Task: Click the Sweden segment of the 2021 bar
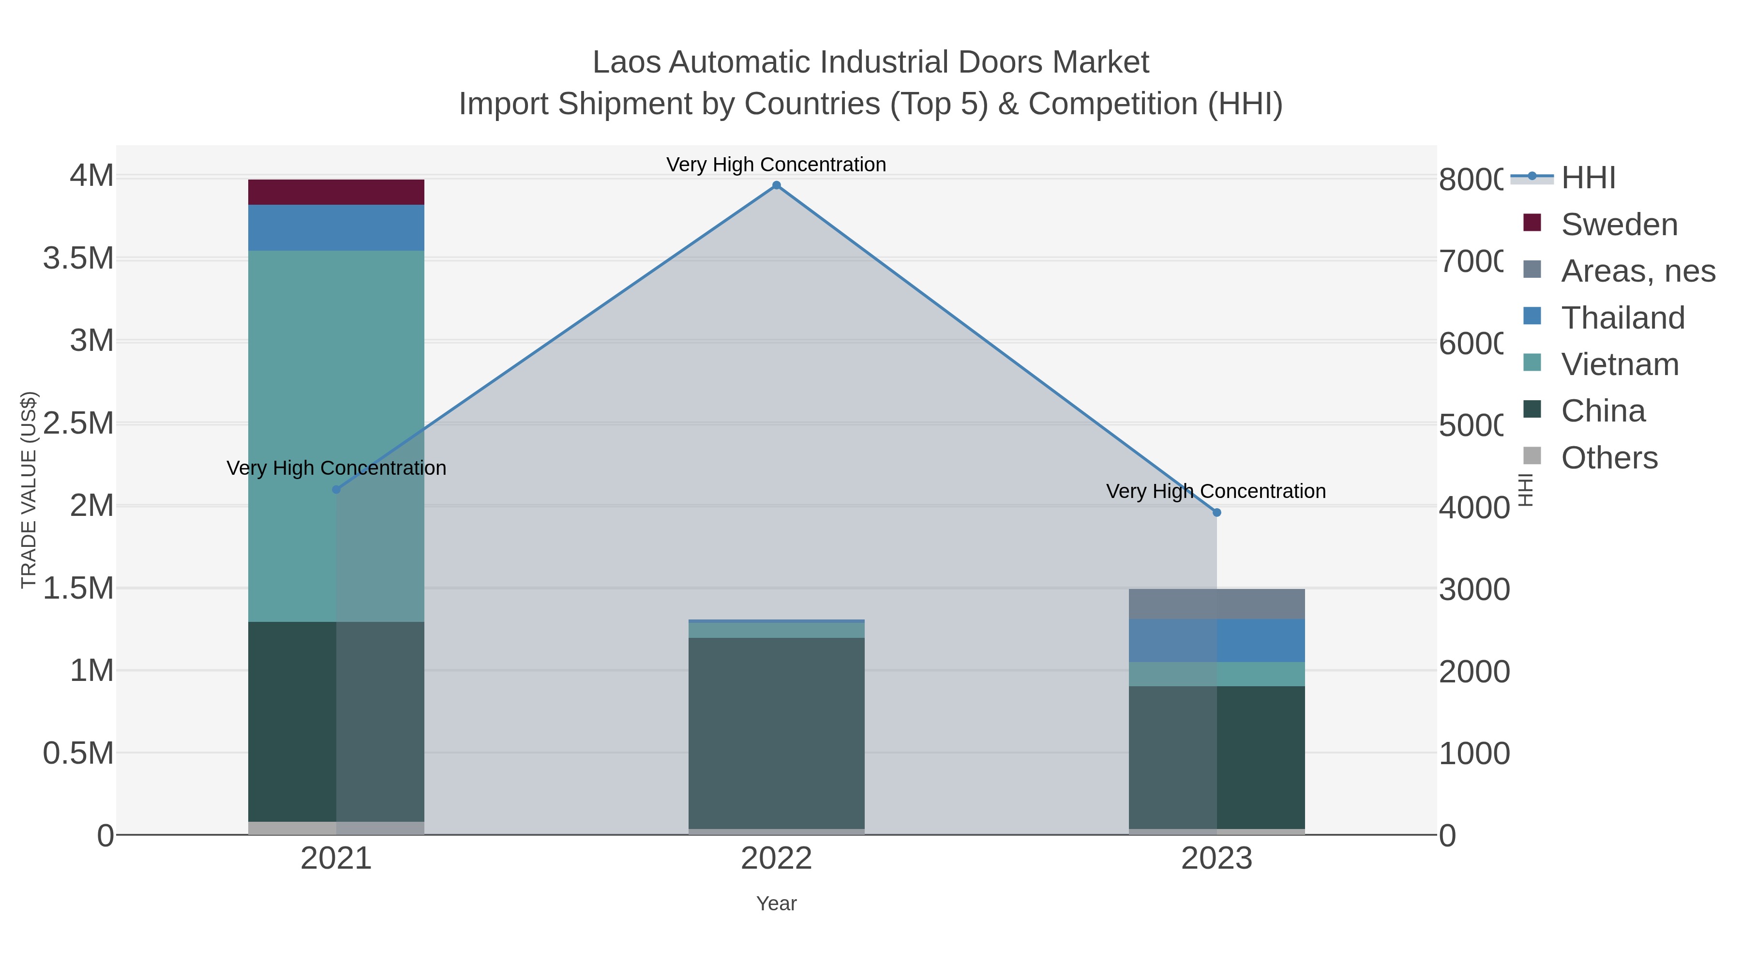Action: (x=336, y=192)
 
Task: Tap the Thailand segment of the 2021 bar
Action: (x=336, y=228)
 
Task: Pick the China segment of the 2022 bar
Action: (x=776, y=734)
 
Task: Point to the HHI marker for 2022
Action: (x=776, y=185)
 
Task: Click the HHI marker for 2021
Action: (x=336, y=489)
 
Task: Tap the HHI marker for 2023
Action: (x=1216, y=513)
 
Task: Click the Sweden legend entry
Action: (x=1619, y=225)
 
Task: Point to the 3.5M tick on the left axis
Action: (x=78, y=258)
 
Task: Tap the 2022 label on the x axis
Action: (x=776, y=859)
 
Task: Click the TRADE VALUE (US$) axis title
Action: (x=29, y=490)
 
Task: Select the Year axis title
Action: (x=776, y=904)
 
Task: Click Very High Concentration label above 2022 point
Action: (x=776, y=165)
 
